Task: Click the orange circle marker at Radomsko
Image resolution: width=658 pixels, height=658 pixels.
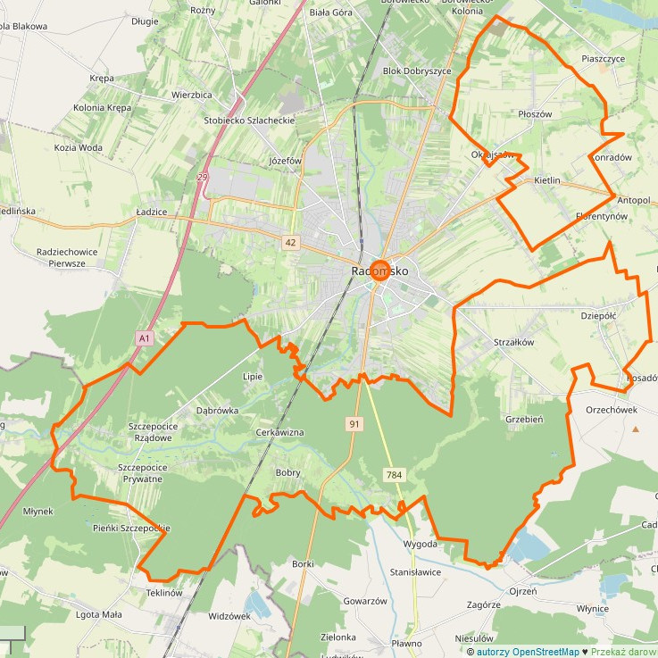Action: point(379,271)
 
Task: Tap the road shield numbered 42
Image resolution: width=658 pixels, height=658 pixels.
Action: point(291,242)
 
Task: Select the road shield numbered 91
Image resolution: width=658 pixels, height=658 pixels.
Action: point(354,425)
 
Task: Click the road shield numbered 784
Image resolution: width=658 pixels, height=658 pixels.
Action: point(394,475)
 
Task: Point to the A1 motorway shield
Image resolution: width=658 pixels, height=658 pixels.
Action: point(145,338)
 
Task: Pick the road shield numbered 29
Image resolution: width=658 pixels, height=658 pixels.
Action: point(204,179)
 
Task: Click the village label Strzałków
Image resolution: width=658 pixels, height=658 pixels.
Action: point(513,341)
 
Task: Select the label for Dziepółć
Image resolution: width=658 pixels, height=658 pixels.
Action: point(598,314)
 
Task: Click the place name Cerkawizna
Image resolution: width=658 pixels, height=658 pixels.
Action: point(280,432)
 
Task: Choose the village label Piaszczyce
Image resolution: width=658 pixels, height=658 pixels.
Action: point(603,58)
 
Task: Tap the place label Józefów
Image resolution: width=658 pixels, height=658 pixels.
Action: point(286,161)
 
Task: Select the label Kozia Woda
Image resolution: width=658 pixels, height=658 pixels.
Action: point(78,147)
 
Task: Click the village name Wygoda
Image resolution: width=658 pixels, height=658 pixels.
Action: point(420,544)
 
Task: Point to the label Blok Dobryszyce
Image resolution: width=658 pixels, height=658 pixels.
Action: point(417,71)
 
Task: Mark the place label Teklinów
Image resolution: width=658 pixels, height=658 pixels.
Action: point(163,593)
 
